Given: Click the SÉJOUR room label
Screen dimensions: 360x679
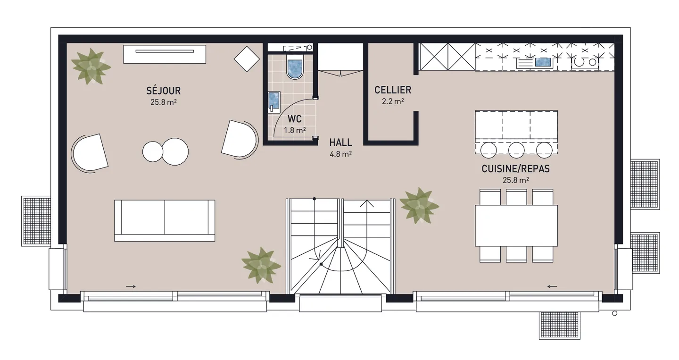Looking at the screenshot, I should pos(163,91).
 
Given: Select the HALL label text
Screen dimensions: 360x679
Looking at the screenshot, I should pos(341,142).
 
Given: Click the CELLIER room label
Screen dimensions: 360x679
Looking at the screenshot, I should pos(392,90).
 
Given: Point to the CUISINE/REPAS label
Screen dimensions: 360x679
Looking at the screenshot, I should pos(515,169).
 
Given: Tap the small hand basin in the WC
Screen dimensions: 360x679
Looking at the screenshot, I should pos(273,101).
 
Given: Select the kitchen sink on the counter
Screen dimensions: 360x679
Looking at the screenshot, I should pos(543,62).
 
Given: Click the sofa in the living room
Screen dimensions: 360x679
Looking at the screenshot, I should pos(165,220).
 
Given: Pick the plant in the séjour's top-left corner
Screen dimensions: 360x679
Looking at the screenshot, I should pos(91,67).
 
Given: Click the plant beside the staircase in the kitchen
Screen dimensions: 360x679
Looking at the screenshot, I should pos(418,205).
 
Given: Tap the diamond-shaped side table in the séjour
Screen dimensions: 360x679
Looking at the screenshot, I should pos(247,59).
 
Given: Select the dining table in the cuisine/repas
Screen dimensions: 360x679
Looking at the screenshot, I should pos(516,225).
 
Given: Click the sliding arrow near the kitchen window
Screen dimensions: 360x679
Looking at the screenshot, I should pos(552,286).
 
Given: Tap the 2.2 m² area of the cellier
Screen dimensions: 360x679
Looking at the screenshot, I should pos(392,101).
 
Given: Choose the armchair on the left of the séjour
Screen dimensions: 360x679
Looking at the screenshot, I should pos(90,152).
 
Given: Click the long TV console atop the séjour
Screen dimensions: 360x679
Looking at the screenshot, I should pos(165,54).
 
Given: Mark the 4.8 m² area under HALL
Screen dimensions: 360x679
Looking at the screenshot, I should pos(341,154).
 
